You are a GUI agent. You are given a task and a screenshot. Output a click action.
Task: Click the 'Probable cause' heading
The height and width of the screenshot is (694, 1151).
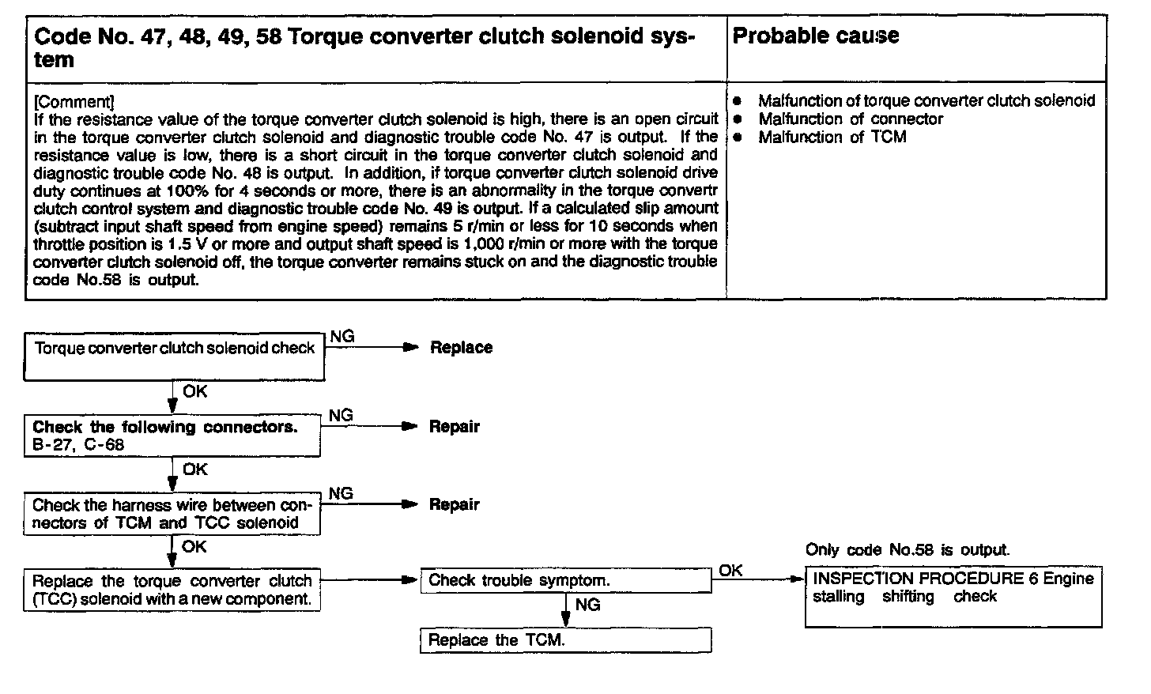[x=816, y=36]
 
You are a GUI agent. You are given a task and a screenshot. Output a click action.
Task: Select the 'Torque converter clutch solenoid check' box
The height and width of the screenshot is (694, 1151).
[x=174, y=356]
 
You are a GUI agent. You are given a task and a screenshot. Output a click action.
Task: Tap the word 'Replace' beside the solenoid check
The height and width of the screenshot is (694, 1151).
[x=461, y=348]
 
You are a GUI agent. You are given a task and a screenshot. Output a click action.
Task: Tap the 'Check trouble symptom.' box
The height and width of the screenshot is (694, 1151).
[x=565, y=581]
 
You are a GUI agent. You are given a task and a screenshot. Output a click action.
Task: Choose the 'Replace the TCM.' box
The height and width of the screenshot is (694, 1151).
[x=565, y=640]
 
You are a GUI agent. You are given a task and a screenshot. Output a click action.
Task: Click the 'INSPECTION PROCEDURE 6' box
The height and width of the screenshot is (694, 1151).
[x=953, y=597]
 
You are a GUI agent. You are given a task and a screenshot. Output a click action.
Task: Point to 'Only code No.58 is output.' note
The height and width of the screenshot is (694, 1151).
[x=908, y=550]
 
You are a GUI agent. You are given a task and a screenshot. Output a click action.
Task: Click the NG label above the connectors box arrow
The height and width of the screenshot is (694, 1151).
[x=341, y=416]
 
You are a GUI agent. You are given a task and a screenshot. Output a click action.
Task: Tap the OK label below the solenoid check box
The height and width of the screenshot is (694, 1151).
[x=195, y=390]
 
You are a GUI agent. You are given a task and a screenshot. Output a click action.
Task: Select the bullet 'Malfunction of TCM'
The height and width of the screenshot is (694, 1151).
[x=832, y=138]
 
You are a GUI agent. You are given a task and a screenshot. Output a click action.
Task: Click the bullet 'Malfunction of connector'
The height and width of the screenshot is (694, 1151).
[x=851, y=119]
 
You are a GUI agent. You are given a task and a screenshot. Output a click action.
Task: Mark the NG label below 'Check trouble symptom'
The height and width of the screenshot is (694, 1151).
[x=587, y=605]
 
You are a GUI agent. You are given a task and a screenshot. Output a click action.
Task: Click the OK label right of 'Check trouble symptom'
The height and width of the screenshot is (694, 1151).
[x=731, y=571]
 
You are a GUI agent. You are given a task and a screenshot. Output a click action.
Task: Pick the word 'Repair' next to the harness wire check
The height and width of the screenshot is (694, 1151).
[x=455, y=505]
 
